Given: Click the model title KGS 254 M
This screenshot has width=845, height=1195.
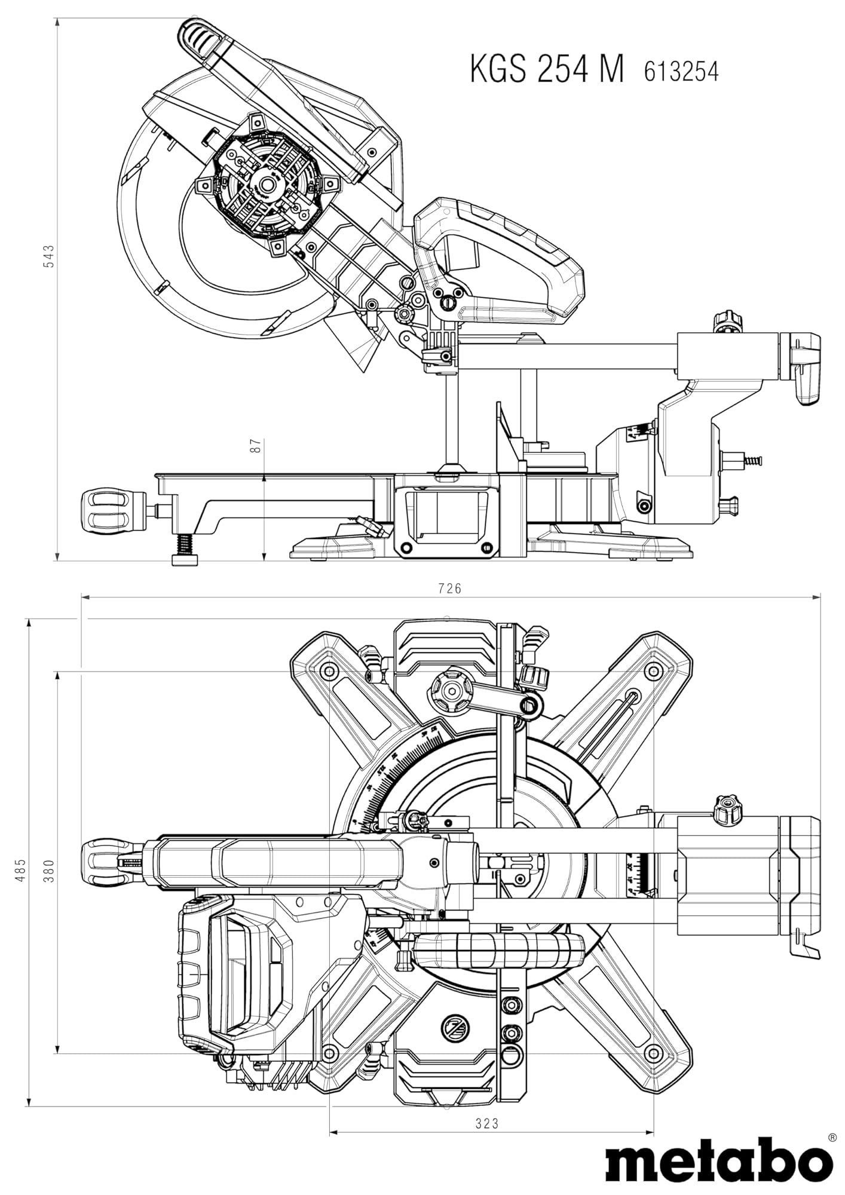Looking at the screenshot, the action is (x=547, y=69).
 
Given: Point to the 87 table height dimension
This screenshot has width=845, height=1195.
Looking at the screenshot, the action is (x=256, y=446).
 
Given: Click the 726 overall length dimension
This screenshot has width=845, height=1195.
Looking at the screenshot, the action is (x=449, y=589).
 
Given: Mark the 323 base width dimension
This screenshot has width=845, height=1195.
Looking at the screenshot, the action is (x=487, y=1124).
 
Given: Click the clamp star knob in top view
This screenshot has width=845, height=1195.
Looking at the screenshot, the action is (x=449, y=691).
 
